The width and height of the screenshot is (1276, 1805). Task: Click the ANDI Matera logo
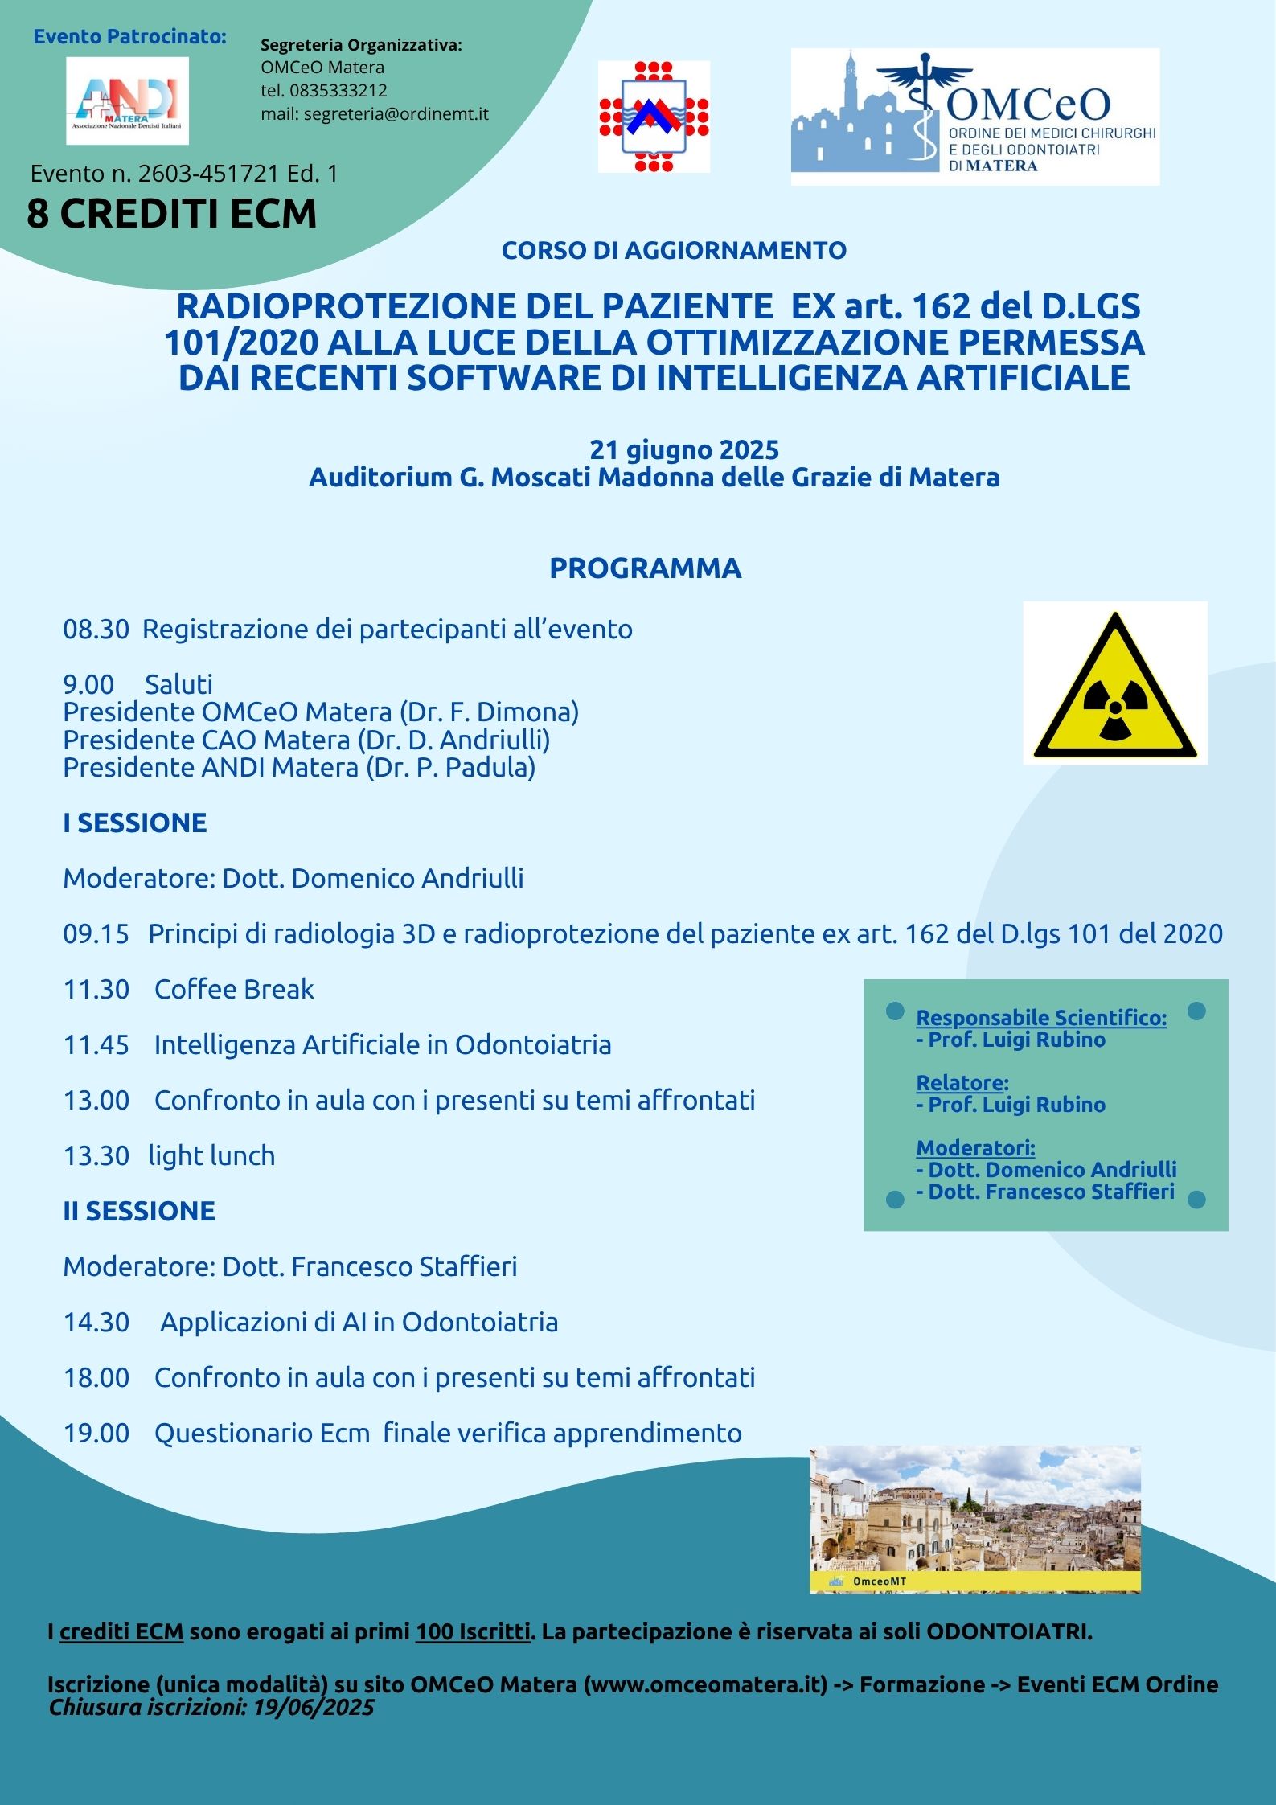(x=127, y=101)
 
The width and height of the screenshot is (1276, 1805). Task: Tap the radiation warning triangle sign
(x=1114, y=683)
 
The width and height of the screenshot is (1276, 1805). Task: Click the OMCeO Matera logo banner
(x=974, y=117)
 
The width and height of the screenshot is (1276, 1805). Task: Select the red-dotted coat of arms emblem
(x=653, y=117)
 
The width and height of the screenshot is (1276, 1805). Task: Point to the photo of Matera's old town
(x=974, y=1519)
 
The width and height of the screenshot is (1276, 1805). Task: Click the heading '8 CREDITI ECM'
(x=171, y=214)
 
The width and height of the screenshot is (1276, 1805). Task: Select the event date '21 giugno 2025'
(x=684, y=449)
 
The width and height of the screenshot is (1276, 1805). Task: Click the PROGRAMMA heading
(x=645, y=568)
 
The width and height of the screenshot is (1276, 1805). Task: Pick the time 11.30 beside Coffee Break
(x=96, y=989)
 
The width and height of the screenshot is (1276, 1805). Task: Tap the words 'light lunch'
(x=211, y=1155)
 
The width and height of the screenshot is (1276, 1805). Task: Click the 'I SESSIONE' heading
(x=135, y=823)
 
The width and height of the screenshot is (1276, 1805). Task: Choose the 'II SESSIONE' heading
(x=139, y=1211)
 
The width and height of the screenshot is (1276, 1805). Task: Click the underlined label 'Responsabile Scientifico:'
(x=1041, y=1017)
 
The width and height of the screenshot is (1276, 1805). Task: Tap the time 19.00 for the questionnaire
(x=96, y=1433)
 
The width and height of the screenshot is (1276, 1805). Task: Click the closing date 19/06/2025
(x=314, y=1706)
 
